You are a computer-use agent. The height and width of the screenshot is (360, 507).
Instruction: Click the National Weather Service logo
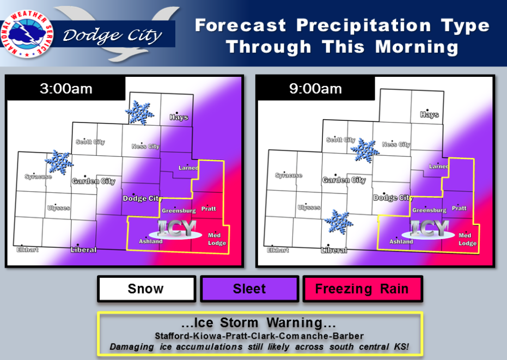point(27,34)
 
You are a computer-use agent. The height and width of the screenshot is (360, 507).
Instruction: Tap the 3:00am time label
point(66,89)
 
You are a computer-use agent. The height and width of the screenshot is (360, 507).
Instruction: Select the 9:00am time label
point(316,89)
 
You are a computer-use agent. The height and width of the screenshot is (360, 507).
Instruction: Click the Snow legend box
point(146,289)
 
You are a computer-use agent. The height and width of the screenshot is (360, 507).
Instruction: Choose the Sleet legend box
point(249,289)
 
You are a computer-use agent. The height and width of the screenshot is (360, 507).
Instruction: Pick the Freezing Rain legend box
point(363,289)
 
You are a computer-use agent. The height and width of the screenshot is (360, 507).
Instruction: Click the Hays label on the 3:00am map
point(179,117)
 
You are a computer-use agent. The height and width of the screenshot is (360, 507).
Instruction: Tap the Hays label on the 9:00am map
point(429,114)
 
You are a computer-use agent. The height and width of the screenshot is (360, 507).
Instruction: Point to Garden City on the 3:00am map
point(94,181)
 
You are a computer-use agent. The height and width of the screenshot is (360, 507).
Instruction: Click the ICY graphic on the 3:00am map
point(176,229)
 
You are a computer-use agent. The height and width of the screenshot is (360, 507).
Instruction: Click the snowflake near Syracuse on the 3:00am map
point(59,162)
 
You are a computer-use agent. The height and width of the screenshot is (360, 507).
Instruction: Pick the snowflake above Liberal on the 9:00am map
point(339,222)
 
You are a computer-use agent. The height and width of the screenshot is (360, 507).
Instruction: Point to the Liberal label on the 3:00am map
point(83,249)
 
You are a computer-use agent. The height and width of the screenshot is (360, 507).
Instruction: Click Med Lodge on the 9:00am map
point(467,239)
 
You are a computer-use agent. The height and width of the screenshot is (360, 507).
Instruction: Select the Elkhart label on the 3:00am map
point(27,249)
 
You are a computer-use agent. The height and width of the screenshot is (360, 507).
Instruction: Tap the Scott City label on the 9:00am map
point(341,140)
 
